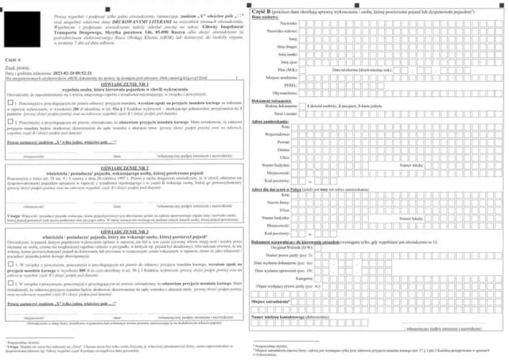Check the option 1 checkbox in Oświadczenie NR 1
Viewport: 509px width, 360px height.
click(x=8, y=103)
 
